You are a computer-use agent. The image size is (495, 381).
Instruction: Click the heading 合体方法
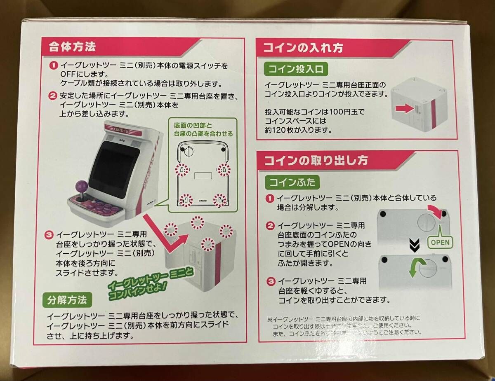[72, 46]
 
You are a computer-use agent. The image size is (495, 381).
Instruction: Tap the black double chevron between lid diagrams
[412, 246]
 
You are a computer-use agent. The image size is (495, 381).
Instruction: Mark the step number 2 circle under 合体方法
[53, 96]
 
